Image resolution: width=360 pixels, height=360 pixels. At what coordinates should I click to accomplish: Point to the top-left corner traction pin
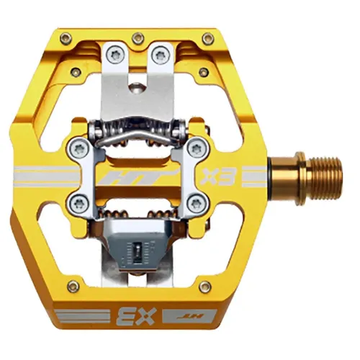point(66,38)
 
